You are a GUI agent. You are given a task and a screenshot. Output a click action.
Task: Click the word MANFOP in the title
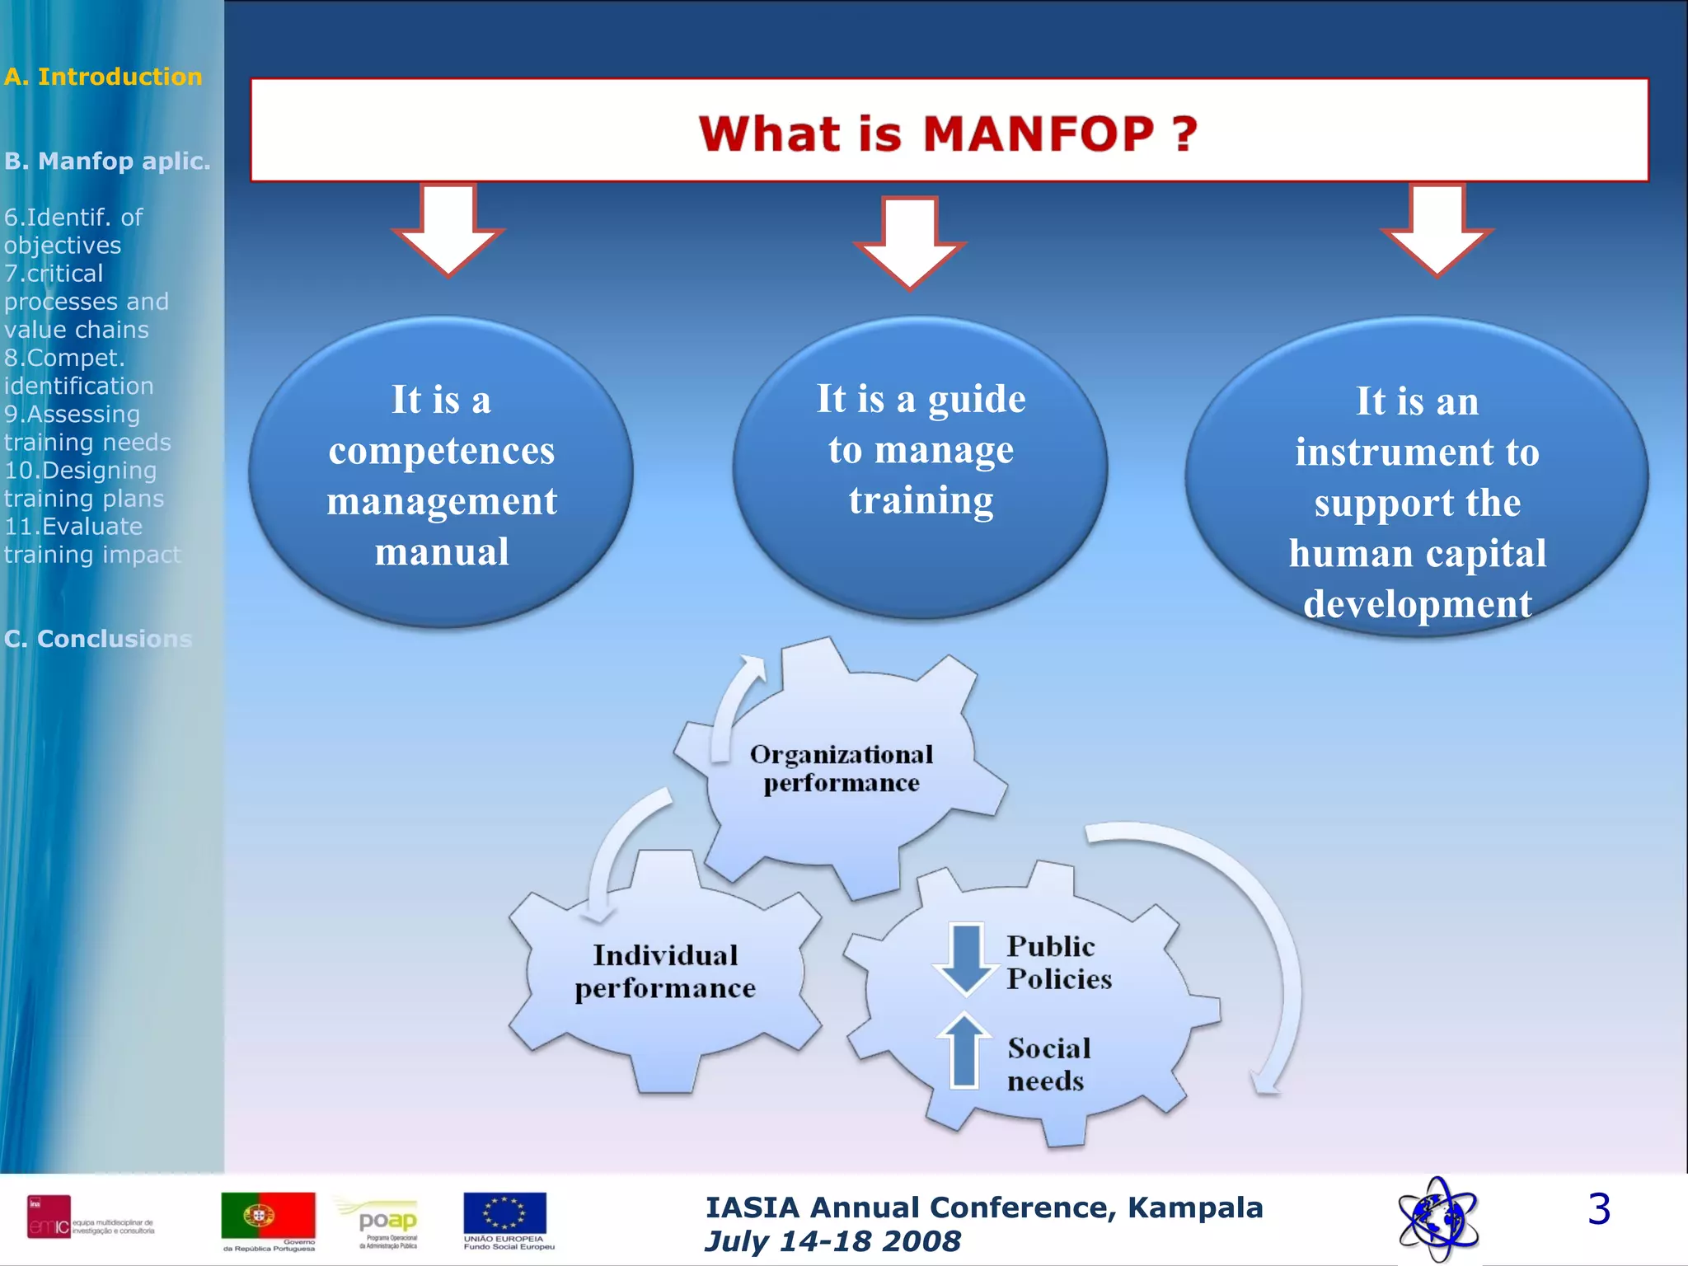point(1039,134)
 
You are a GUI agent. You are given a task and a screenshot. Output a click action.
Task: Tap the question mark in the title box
point(1185,134)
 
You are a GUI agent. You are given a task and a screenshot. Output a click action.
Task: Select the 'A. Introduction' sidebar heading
point(103,77)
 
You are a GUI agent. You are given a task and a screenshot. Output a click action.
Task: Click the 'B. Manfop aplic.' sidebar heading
point(107,161)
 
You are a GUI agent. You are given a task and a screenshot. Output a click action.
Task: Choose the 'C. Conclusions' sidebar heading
point(98,639)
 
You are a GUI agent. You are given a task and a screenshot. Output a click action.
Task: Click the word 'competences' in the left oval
point(442,451)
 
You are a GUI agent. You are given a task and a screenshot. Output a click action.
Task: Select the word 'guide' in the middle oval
point(977,400)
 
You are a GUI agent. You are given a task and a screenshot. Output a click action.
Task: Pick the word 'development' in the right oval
point(1418,604)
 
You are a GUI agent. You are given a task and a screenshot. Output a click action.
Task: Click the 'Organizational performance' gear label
point(842,768)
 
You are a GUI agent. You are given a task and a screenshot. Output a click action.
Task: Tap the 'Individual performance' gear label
point(665,971)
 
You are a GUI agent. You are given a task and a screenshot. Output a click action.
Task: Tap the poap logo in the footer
point(387,1221)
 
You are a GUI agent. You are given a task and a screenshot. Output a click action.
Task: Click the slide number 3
point(1598,1209)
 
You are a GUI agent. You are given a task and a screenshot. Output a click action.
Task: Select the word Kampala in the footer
point(1194,1207)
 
